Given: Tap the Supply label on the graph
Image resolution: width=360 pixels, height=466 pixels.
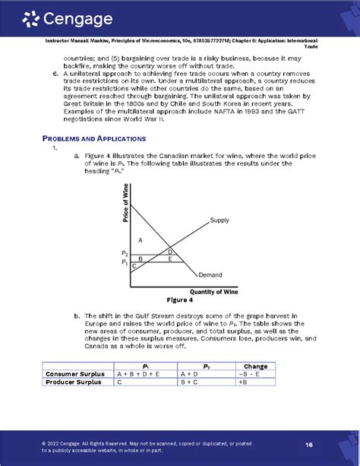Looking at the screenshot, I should point(219,221).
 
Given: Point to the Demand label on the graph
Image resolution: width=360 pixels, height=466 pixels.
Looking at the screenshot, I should point(210,274).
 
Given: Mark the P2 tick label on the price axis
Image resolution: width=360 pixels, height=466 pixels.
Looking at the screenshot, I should point(125,253).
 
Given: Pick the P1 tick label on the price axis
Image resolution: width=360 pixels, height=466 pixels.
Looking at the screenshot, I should point(125,262).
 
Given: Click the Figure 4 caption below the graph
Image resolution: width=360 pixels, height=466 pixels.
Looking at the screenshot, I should point(180,300).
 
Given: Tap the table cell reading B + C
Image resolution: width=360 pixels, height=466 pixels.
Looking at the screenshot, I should point(191,382).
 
